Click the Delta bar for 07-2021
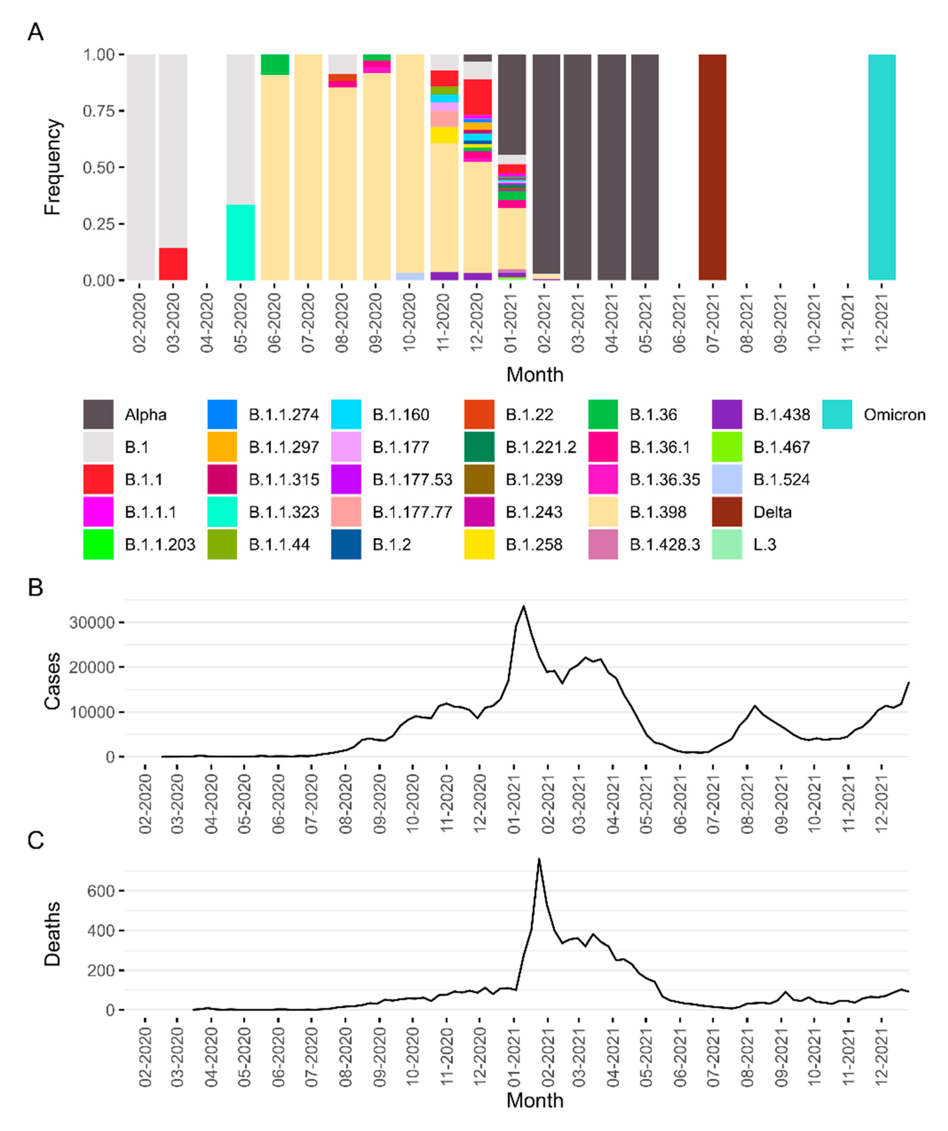pyautogui.click(x=712, y=167)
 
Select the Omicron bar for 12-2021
pyautogui.click(x=882, y=167)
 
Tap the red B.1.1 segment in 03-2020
pyautogui.click(x=173, y=264)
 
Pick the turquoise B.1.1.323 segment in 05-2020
pyautogui.click(x=240, y=242)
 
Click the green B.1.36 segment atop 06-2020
pyautogui.click(x=275, y=65)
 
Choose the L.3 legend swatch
pyautogui.click(x=727, y=544)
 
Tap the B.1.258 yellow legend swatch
pyautogui.click(x=479, y=544)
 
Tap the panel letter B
pyautogui.click(x=36, y=588)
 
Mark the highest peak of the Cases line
pyautogui.click(x=523, y=606)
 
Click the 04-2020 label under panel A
pyautogui.click(x=207, y=323)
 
